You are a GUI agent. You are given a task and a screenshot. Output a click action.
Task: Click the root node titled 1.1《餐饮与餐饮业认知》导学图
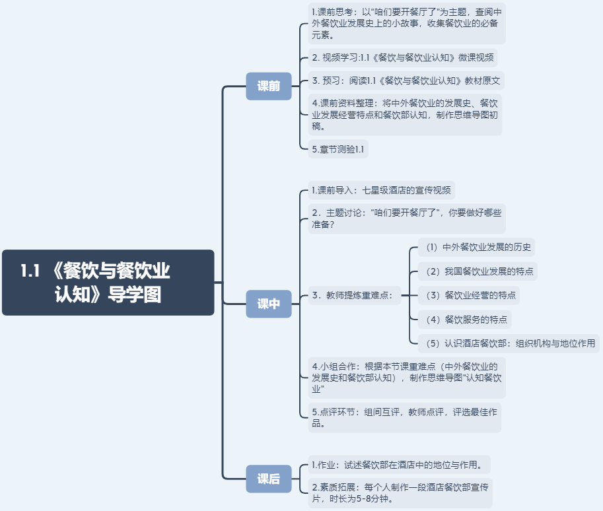[x=108, y=282]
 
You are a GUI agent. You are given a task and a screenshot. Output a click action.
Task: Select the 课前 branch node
[x=268, y=86]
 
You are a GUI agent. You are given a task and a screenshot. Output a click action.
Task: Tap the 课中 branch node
[x=268, y=304]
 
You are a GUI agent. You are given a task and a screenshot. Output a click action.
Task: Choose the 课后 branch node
[x=268, y=479]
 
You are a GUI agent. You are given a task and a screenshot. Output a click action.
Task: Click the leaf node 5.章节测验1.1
[x=337, y=149]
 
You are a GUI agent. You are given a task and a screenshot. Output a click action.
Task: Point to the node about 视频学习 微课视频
[x=403, y=57]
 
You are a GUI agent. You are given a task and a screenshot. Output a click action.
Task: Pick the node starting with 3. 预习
[x=406, y=81]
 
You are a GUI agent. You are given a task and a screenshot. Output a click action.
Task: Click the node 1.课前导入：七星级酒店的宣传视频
[x=382, y=191]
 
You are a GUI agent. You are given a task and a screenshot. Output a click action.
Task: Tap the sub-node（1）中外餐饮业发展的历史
[x=476, y=248]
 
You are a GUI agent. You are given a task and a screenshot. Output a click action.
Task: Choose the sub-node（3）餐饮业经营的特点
[x=469, y=295]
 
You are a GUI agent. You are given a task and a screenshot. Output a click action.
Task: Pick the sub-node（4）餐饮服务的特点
[x=465, y=320]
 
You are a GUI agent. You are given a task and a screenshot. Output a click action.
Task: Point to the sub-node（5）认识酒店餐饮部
[x=509, y=343]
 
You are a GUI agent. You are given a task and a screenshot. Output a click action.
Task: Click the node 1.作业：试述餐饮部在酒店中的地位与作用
[x=399, y=464]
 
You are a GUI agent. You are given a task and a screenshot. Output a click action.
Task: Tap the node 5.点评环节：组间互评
[x=405, y=417]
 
